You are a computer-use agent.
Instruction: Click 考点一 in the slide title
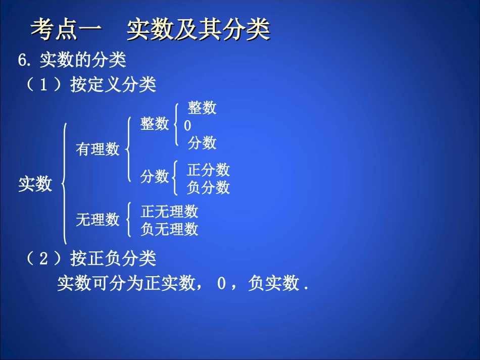click(x=66, y=30)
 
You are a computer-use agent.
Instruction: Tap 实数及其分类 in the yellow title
click(x=198, y=30)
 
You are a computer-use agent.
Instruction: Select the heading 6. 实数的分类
click(x=72, y=61)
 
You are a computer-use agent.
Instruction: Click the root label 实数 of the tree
click(x=35, y=184)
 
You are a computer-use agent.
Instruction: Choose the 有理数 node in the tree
click(x=98, y=149)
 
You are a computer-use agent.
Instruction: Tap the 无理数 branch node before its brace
click(x=98, y=220)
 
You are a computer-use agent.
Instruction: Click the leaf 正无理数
click(x=169, y=211)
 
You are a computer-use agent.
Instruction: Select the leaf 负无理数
click(x=169, y=229)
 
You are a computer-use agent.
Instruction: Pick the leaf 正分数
click(x=208, y=170)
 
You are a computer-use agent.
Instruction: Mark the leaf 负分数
click(x=208, y=188)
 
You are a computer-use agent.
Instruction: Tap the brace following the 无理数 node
click(x=129, y=220)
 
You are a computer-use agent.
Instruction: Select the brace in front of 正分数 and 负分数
click(x=175, y=178)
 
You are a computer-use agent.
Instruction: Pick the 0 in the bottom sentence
click(x=221, y=284)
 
